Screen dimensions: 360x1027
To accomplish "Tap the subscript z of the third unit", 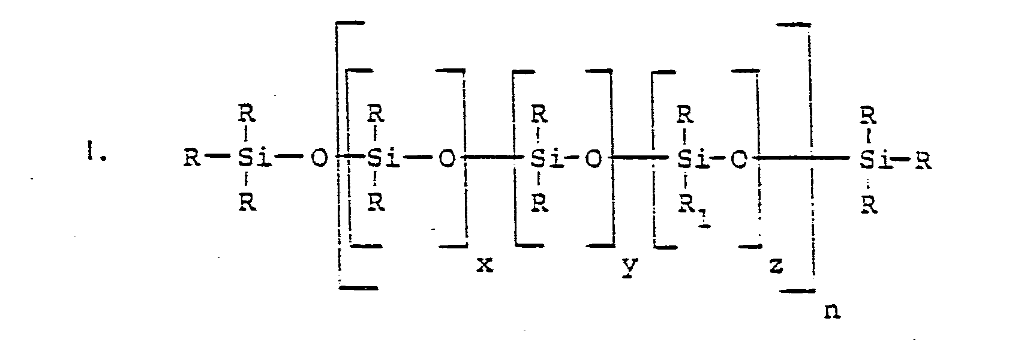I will coord(776,265).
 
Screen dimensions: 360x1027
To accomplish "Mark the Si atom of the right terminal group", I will coord(875,161).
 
